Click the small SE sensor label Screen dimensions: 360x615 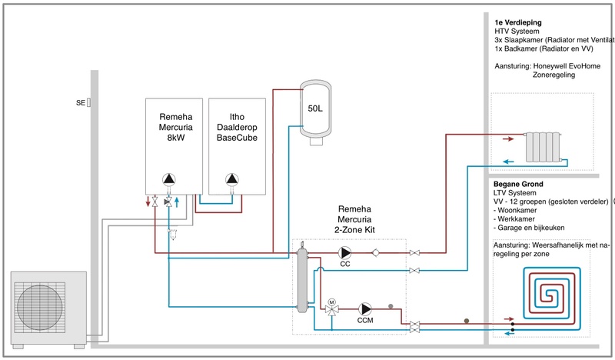click(81, 102)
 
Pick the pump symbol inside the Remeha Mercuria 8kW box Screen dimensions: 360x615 click(169, 180)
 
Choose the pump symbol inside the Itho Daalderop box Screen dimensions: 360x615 click(232, 180)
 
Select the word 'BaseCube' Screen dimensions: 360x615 click(235, 138)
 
